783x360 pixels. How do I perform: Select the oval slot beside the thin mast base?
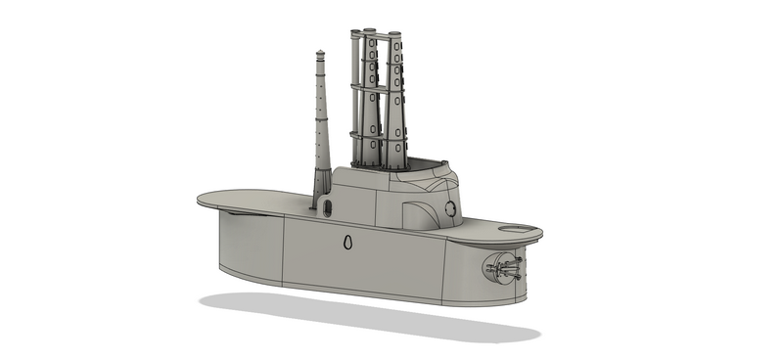click(327, 206)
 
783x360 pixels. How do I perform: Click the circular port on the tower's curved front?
click(450, 208)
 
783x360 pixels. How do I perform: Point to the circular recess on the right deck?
click(518, 230)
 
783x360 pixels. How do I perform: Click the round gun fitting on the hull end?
click(502, 268)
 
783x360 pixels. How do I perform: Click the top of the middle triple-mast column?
click(373, 32)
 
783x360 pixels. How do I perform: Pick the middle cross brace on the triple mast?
click(377, 88)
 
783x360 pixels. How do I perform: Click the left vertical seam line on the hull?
click(283, 248)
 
